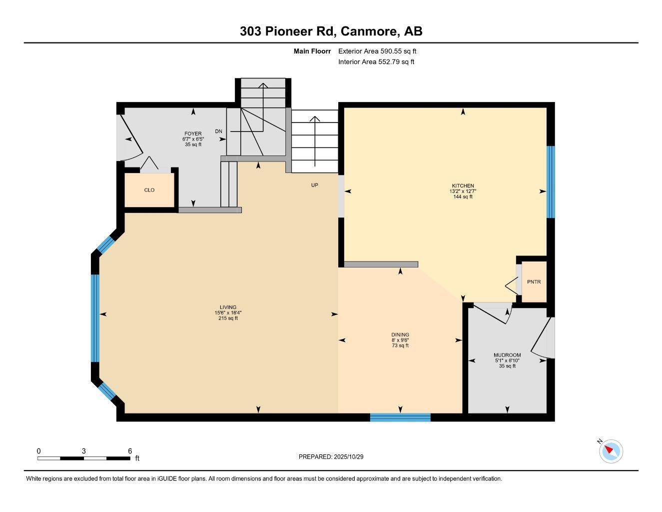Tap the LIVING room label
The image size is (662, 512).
point(228,307)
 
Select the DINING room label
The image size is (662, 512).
point(400,335)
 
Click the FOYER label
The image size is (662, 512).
point(193,134)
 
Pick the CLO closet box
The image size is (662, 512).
point(149,190)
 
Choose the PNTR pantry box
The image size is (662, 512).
point(534,282)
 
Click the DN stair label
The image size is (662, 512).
point(218,131)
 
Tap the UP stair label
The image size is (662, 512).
point(315,185)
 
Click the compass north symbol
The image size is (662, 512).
point(610,450)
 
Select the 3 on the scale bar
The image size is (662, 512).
point(84,451)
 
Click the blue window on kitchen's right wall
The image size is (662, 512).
point(551,182)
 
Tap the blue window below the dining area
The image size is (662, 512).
point(400,417)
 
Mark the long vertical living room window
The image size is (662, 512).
point(95,317)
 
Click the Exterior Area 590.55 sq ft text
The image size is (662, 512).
point(377,51)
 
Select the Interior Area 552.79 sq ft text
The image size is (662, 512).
point(376,62)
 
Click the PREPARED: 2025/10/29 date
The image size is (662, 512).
point(334,456)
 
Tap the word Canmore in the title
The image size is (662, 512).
point(369,31)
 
